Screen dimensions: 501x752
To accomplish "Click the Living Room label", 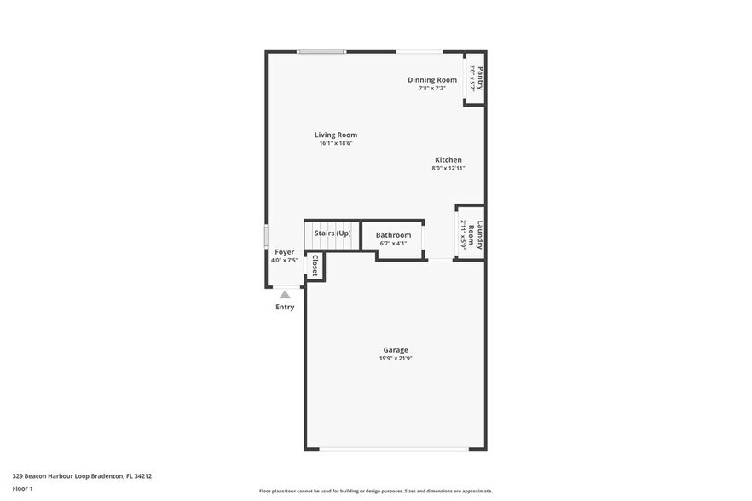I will click(335, 135).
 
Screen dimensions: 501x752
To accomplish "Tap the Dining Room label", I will click(431, 80).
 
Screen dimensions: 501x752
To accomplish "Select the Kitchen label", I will click(448, 160).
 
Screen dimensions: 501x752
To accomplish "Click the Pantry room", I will click(476, 78).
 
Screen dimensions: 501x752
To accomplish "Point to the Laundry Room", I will click(472, 234).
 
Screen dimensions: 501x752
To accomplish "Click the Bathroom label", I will click(393, 235).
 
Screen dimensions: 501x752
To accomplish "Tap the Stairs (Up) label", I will click(333, 233).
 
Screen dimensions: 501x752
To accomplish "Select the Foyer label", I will click(284, 252).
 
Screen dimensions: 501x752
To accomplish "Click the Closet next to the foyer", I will click(315, 265).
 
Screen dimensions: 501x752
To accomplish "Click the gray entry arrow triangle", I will click(285, 295).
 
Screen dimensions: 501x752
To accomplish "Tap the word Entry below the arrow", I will click(285, 307).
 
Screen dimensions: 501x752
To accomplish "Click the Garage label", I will click(396, 350).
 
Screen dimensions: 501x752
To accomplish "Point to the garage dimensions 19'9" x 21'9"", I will click(396, 359).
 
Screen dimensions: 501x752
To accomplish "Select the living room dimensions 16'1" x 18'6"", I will click(335, 143).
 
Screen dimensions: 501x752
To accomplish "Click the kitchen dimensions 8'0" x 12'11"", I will click(448, 169).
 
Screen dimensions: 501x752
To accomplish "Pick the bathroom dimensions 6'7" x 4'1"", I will click(393, 244).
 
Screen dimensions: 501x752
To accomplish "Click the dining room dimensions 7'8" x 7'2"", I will click(431, 89).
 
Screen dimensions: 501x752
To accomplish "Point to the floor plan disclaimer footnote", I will click(375, 491).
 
